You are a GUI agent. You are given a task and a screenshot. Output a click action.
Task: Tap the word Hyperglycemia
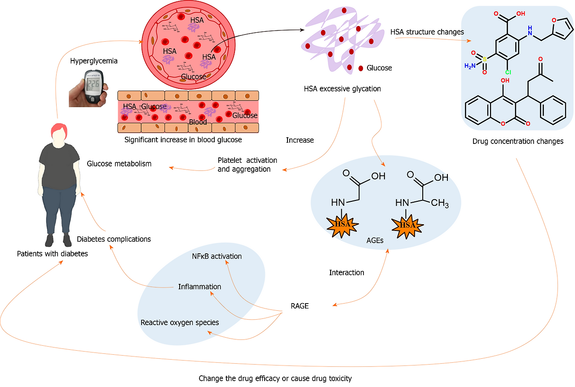point(93,61)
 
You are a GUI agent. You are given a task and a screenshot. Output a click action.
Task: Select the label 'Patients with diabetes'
point(52,254)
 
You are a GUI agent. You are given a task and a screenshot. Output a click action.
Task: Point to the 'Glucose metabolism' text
point(119,164)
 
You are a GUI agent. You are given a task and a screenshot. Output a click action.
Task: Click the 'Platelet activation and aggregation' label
point(247,165)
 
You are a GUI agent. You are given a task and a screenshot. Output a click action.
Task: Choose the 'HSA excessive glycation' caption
point(342,89)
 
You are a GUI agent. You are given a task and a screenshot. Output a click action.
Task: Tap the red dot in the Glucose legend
point(361,68)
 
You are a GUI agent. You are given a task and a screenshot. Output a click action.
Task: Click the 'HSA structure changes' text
point(427,32)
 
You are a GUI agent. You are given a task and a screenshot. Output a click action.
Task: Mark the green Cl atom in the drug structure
point(508,72)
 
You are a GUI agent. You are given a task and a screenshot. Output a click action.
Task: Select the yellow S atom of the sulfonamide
point(485,59)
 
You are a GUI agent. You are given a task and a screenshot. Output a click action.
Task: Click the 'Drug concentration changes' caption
point(517,141)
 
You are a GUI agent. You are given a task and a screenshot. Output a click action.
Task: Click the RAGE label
point(300,306)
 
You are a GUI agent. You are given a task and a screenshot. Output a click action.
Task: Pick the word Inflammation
point(199,287)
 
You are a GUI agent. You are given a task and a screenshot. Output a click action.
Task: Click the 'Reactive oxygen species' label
point(180,322)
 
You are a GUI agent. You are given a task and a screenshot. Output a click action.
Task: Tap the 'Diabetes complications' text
point(114,239)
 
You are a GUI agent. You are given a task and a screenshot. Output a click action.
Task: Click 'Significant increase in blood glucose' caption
point(183,140)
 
